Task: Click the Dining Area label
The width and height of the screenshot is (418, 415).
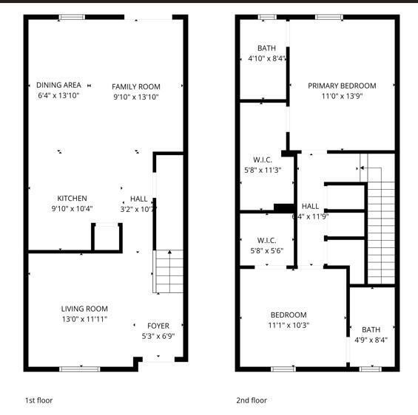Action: coord(58,85)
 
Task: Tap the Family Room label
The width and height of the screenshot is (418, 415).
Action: coord(136,86)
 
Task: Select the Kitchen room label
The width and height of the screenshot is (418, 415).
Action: coord(73,198)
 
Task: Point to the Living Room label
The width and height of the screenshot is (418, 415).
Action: coord(84,309)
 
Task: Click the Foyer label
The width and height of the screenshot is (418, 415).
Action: coord(158,326)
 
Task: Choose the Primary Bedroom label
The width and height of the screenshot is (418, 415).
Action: coord(342,86)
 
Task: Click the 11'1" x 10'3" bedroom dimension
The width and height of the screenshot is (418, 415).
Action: coord(289,324)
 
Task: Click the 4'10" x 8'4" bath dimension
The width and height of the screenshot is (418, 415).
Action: coord(266,58)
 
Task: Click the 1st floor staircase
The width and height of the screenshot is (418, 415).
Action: coord(168,272)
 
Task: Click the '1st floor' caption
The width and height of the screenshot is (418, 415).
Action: coord(38,400)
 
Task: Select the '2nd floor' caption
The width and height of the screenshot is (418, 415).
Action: coord(251,400)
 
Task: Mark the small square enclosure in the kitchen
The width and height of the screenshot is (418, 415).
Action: coord(107,238)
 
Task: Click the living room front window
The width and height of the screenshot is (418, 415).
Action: coord(79,368)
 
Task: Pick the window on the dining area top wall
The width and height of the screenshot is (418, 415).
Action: coord(72,17)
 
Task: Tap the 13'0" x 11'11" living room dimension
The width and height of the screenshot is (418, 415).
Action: coord(84,319)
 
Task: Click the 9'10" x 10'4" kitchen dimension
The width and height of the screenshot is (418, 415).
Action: coord(73,208)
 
